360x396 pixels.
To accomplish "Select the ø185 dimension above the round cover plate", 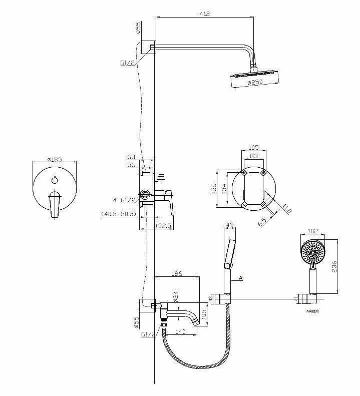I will pos(54,159).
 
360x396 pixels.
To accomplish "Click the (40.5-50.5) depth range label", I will pos(119,214).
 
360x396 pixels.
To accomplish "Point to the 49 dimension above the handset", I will pos(230,226).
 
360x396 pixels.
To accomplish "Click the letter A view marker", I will pos(241,277).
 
